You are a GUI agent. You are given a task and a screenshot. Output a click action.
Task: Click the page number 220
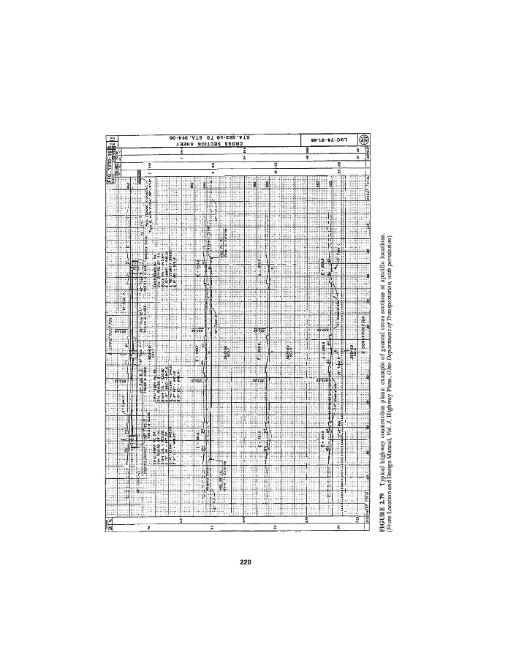[246, 562]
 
